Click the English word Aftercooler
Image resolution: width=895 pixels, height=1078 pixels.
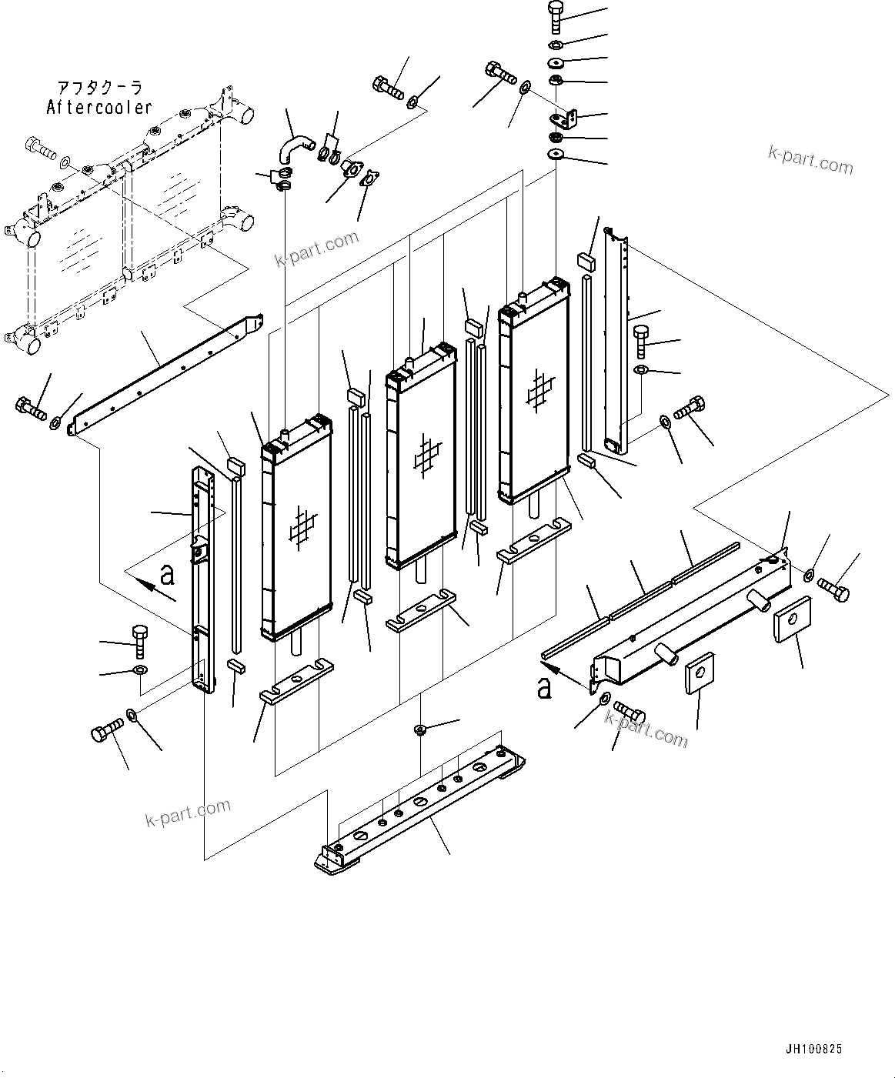99,108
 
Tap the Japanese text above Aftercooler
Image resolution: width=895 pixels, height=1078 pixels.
100,88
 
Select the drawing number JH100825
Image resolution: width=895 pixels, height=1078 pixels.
813,1049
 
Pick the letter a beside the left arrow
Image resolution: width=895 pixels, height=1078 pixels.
167,574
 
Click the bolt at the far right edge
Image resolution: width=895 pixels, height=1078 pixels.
834,591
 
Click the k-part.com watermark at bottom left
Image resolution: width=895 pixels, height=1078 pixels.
188,812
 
